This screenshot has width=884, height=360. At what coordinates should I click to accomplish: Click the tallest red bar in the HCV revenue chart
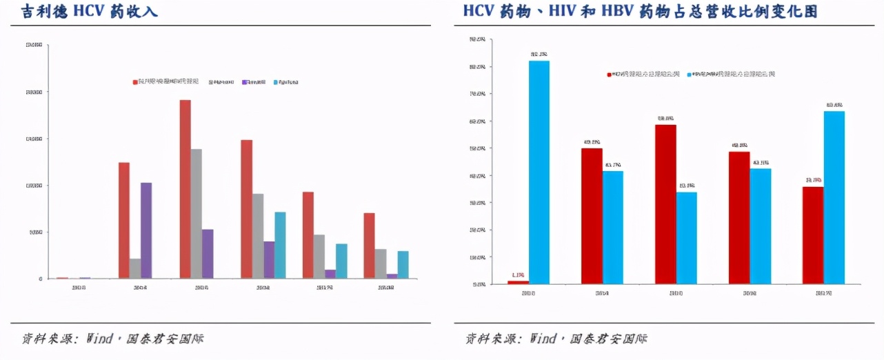tap(185, 189)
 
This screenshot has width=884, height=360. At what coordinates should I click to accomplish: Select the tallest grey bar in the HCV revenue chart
tap(197, 214)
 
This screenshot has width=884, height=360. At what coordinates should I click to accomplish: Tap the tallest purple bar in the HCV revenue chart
tap(146, 230)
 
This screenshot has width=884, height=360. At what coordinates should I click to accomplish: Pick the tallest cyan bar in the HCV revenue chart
tap(280, 245)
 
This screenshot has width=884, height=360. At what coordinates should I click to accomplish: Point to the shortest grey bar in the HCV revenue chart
tap(135, 269)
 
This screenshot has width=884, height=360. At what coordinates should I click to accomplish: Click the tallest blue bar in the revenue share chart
tap(539, 172)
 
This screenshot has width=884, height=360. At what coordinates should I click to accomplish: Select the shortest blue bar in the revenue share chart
tap(687, 238)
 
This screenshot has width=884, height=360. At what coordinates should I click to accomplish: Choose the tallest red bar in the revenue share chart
tap(665, 204)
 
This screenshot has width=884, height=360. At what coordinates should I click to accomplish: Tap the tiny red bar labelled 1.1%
tap(518, 282)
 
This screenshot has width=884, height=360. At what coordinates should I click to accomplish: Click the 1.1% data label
tap(518, 274)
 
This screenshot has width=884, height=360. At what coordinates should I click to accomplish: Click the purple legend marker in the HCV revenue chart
tap(245, 82)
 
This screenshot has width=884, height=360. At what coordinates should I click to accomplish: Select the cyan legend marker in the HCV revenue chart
tap(276, 82)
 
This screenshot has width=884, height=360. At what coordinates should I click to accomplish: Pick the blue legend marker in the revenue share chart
tap(690, 74)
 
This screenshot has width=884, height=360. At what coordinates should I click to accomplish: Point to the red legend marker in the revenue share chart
tap(610, 74)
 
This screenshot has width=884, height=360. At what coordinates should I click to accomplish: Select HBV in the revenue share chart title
tap(639, 12)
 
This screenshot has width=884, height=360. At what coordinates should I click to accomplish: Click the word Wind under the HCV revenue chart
tap(99, 339)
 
